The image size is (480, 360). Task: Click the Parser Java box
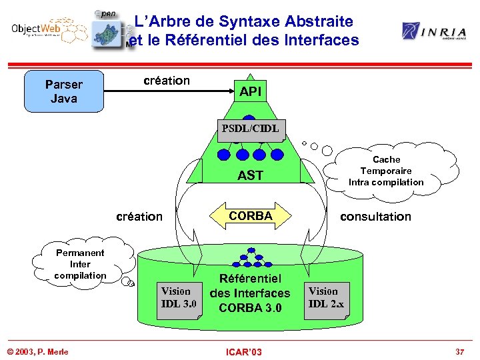tap(64, 91)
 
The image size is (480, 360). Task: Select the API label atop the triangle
tap(251, 92)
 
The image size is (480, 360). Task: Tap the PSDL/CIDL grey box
tap(251, 127)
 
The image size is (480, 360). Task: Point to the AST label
tap(251, 175)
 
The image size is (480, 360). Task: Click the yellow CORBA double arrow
tap(251, 216)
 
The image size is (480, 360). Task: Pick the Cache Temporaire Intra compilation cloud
tap(386, 171)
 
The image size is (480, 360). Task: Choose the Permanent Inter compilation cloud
tap(80, 264)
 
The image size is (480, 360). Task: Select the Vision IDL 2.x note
tap(327, 297)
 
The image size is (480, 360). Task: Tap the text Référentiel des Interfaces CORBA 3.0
tap(250, 293)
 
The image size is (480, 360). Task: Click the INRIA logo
tap(433, 31)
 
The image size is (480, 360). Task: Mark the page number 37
tap(459, 351)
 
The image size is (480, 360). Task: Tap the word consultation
tap(375, 216)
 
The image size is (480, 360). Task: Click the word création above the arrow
tap(167, 81)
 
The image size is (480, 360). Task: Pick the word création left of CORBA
tap(139, 216)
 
